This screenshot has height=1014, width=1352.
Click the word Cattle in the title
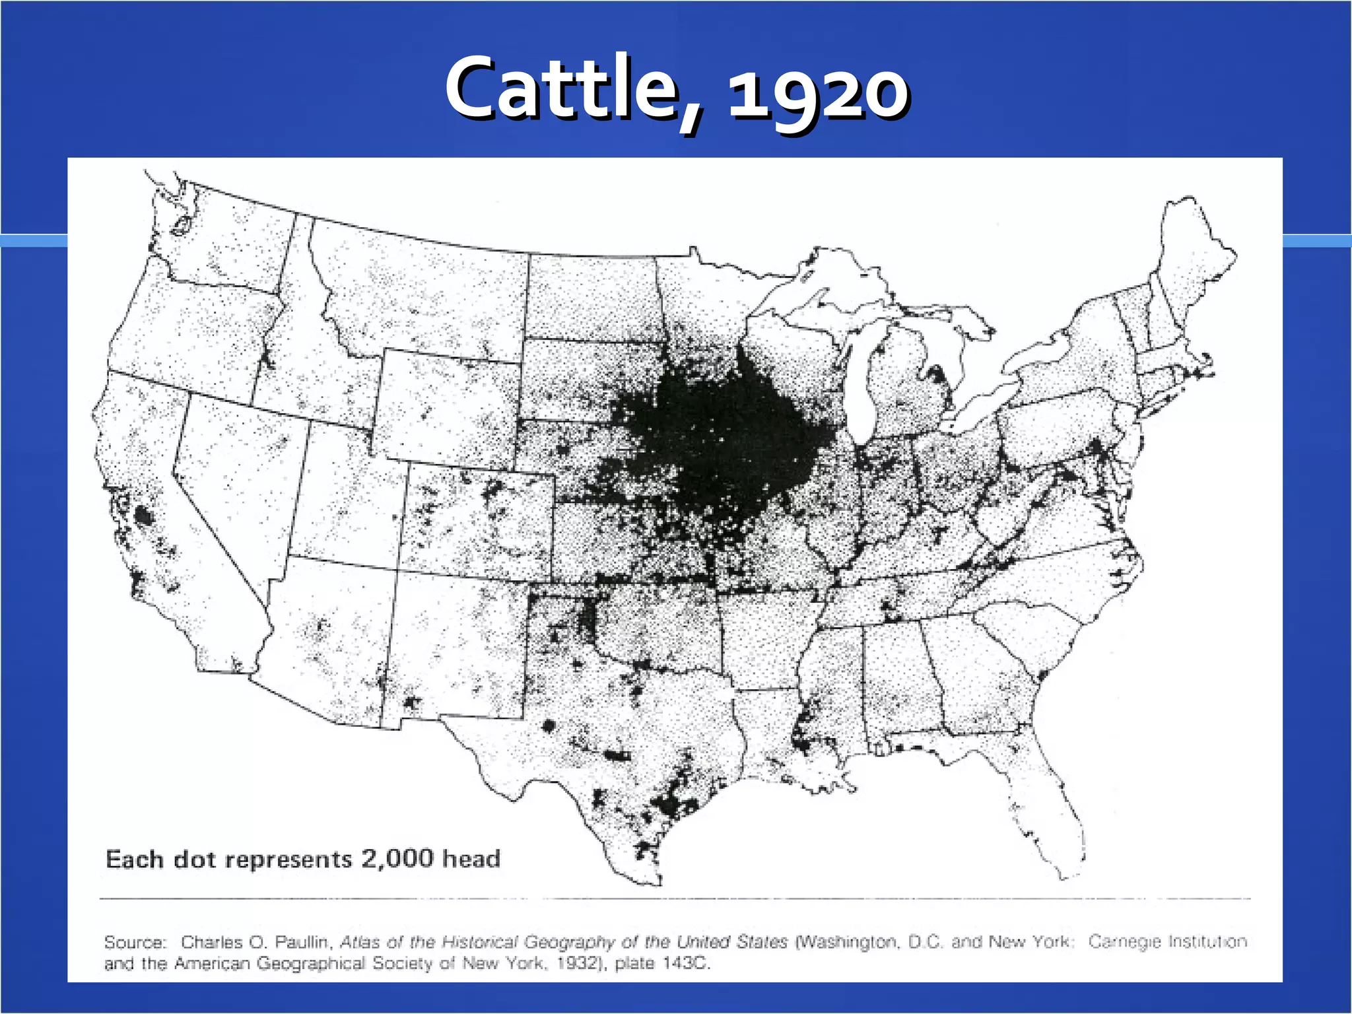click(561, 89)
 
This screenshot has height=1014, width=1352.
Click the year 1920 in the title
click(819, 92)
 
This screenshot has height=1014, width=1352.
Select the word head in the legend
click(471, 858)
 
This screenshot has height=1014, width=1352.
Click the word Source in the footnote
click(134, 942)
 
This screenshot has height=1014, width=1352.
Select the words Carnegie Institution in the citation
click(1167, 941)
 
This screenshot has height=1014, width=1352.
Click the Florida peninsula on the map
click(1050, 812)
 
